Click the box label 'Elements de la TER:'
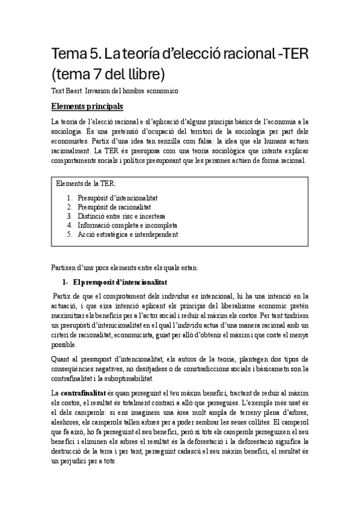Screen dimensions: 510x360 click(87, 182)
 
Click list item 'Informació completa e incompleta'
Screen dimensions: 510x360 click(127, 225)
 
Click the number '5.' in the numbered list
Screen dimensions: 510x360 click(70, 235)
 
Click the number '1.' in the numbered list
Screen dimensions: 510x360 click(70, 197)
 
